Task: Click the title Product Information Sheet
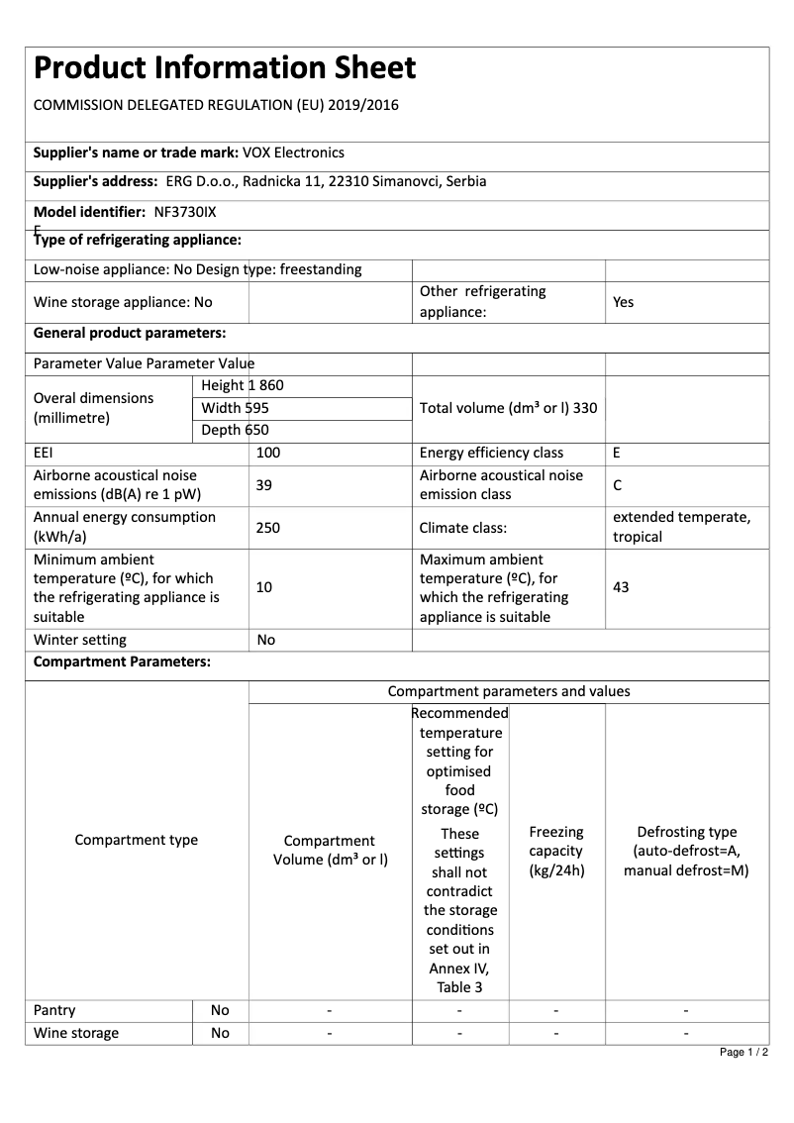pos(225,68)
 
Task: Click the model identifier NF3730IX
pos(185,212)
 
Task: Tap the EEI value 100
pos(268,453)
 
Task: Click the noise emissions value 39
pos(263,485)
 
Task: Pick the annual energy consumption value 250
pos(268,528)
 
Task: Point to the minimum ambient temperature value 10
pos(264,587)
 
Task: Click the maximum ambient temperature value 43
pos(621,587)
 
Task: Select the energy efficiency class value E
pos(617,453)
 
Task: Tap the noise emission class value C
pos(618,485)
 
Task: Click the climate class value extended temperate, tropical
pos(681,527)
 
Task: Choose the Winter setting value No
pos(266,640)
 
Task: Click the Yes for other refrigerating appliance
pos(623,302)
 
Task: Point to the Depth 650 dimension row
pos(235,430)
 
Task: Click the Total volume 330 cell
pos(508,407)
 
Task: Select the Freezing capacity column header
pos(556,852)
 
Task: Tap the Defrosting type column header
pos(686,852)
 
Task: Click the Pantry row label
pos(54,1010)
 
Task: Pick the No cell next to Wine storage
pos(220,1033)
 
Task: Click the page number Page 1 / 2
pos(744,1052)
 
